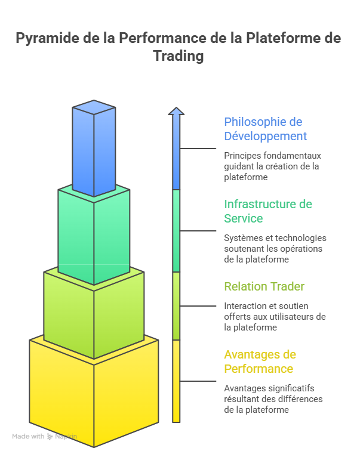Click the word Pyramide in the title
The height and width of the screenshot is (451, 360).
pyautogui.click(x=48, y=38)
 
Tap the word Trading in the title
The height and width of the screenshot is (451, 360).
pyautogui.click(x=179, y=56)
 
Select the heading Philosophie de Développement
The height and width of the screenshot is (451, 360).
pyautogui.click(x=265, y=129)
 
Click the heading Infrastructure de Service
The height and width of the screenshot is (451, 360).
pyautogui.click(x=268, y=211)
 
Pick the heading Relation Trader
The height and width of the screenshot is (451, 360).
pyautogui.click(x=264, y=286)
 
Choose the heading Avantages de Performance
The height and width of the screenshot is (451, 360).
pyautogui.click(x=260, y=362)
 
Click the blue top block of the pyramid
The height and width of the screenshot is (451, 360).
pyautogui.click(x=94, y=148)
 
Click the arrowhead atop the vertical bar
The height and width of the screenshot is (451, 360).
pyautogui.click(x=176, y=111)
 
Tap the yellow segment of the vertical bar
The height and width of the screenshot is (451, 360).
pyautogui.click(x=176, y=381)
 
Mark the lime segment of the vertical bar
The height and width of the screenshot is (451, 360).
pyautogui.click(x=176, y=306)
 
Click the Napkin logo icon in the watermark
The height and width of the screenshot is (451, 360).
pyautogui.click(x=50, y=436)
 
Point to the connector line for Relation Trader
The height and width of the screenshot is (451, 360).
pyautogui.click(x=198, y=306)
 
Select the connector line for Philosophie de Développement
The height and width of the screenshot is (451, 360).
pyautogui.click(x=198, y=149)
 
